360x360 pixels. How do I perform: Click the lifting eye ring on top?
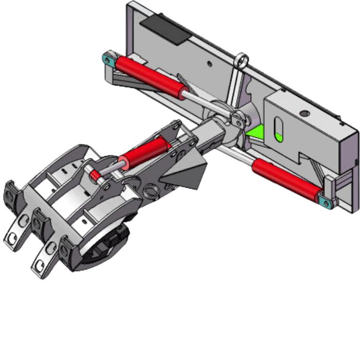click(241, 60)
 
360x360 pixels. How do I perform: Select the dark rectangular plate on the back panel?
click(165, 28)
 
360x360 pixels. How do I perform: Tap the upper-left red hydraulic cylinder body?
click(150, 77)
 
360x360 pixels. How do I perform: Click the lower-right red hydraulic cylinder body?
click(284, 177)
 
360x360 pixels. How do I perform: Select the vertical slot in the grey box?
click(278, 129)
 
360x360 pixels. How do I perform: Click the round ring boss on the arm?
click(150, 191)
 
